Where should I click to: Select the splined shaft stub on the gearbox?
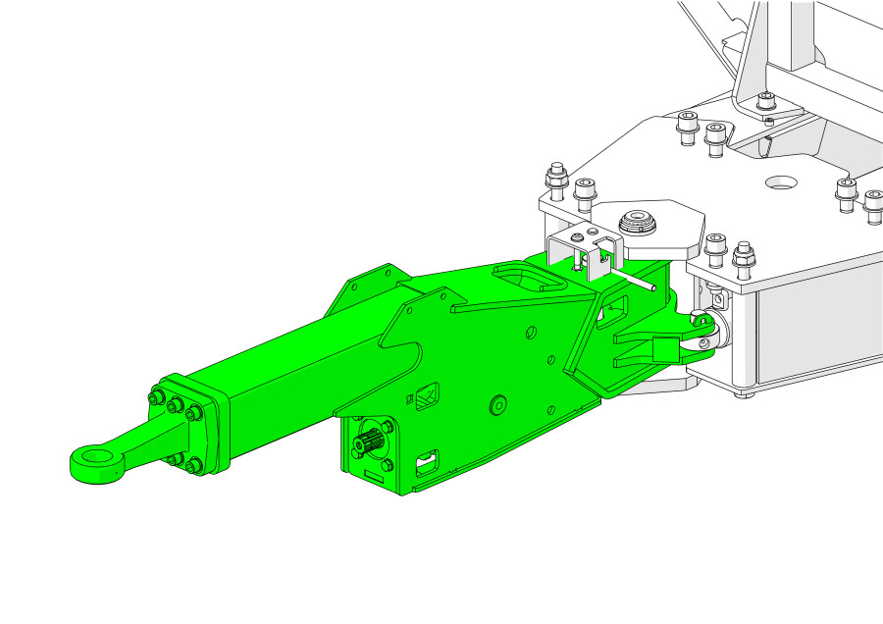click(368, 444)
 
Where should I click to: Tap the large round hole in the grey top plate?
click(783, 182)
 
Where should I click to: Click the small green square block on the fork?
click(665, 346)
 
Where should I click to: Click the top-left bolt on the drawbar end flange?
click(157, 397)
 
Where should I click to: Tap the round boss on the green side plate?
click(496, 403)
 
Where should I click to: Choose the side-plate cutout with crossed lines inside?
click(428, 397)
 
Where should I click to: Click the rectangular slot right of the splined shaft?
click(427, 458)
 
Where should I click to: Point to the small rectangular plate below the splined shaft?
click(371, 477)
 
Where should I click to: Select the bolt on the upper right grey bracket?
click(766, 101)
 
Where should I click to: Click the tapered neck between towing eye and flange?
click(137, 442)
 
